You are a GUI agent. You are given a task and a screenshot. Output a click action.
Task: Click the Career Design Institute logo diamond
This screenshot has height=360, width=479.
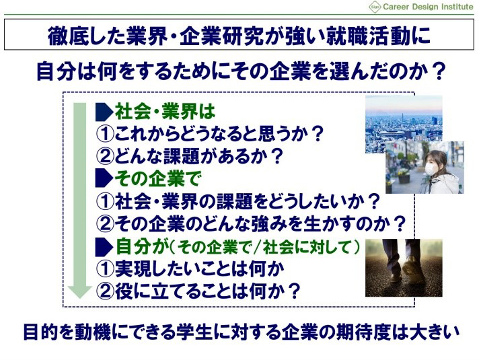[375, 7]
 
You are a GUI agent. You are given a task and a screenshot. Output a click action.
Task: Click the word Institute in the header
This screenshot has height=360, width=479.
[457, 7]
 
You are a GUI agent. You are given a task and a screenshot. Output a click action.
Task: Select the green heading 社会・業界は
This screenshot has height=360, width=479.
[165, 112]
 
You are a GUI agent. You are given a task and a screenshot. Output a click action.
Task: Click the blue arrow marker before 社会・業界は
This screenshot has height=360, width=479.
[104, 112]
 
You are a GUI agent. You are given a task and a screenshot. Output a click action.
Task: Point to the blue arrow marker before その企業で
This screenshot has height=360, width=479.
[104, 178]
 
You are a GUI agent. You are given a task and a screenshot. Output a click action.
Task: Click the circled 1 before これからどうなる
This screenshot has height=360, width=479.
[105, 134]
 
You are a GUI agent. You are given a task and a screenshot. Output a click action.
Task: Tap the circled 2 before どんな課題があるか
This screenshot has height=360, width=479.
[105, 156]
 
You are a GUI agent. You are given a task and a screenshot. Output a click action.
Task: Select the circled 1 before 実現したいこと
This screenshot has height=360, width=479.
[105, 269]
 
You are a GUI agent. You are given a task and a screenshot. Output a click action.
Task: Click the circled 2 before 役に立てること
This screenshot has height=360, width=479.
[105, 291]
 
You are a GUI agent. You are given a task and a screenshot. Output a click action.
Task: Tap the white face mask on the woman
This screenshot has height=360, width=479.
[431, 169]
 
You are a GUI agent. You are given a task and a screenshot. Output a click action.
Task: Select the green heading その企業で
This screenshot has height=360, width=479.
[157, 178]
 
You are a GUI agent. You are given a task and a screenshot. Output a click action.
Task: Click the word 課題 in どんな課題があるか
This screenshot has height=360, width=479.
[182, 156]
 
